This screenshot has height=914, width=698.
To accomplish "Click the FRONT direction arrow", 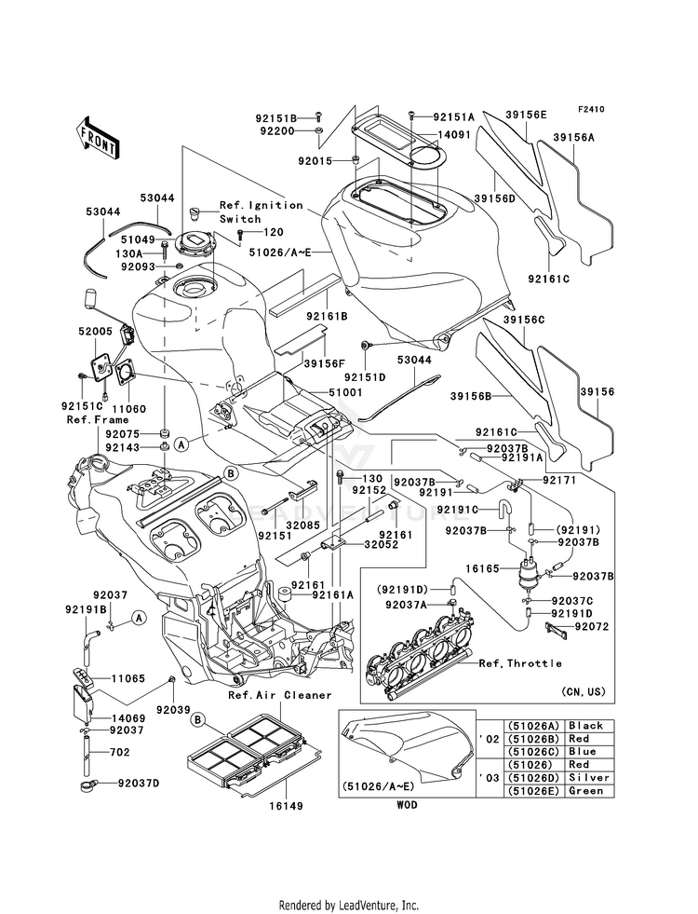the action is coord(98,139).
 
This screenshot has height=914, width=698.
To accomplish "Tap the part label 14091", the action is coord(454,134).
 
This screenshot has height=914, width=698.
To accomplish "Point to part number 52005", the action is coord(96,331).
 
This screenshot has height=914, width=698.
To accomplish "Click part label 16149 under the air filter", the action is coord(287,806).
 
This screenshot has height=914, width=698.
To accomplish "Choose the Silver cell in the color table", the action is coord(589,778).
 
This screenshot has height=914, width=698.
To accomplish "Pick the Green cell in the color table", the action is coord(589,791).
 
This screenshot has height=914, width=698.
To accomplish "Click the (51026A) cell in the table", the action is coord(534,726).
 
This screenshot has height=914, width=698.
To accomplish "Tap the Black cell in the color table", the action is coord(589,726).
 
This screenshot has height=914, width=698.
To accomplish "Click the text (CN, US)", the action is coord(584,692).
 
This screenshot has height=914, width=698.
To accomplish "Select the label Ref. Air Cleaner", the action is coord(279,695).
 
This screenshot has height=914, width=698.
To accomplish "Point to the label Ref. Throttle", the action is coord(520,663).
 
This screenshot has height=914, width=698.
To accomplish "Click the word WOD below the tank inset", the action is coord(407,805).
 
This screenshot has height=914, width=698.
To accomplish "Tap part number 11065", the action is coord(128,678).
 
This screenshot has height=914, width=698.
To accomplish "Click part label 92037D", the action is coord(139,784).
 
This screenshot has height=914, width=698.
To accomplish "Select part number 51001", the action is coord(345,393).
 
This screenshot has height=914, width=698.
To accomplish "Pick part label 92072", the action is coord(592,627).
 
